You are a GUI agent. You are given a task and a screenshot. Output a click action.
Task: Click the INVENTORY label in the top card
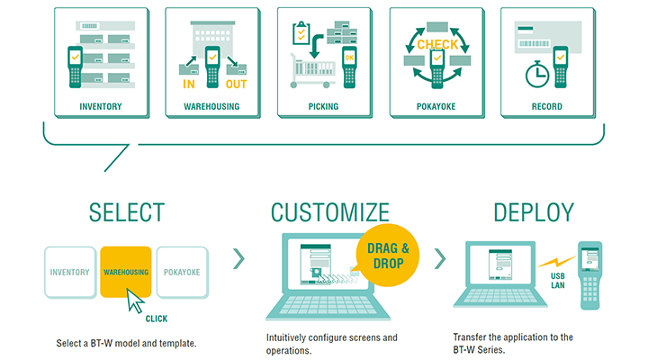click(x=100, y=106)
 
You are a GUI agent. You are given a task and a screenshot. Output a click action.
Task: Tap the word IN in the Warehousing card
click(x=190, y=85)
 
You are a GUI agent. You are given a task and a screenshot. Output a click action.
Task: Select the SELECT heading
click(x=127, y=213)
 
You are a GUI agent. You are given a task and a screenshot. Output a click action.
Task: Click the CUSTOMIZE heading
click(x=329, y=213)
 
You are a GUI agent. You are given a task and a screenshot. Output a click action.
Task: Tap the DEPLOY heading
click(x=533, y=213)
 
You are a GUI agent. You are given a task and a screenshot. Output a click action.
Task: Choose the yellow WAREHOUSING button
click(x=127, y=271)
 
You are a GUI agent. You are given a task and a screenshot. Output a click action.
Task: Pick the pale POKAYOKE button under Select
click(x=183, y=271)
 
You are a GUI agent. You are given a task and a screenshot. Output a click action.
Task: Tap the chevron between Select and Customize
click(x=238, y=260)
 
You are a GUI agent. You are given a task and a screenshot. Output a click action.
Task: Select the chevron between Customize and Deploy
click(x=440, y=260)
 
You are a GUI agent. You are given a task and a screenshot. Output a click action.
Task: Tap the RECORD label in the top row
click(x=546, y=106)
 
